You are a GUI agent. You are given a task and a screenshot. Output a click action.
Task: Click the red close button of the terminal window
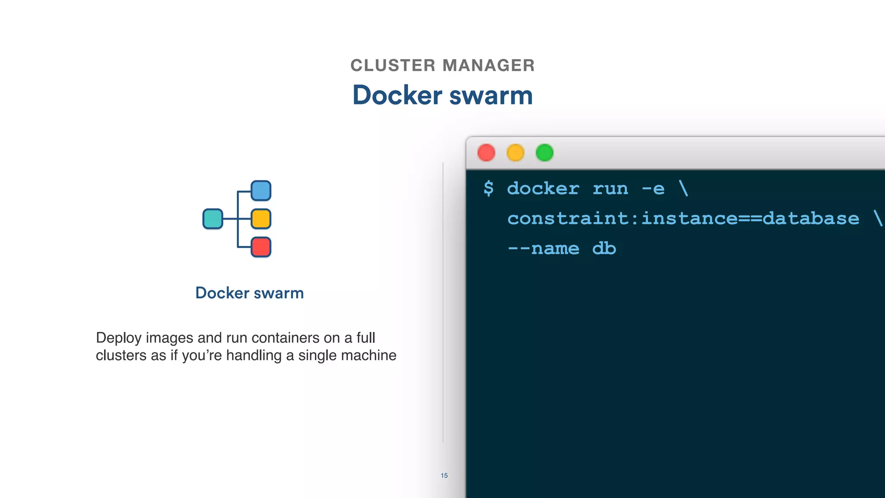pyautogui.click(x=486, y=153)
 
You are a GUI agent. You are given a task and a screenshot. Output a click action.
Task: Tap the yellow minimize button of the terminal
pyautogui.click(x=515, y=153)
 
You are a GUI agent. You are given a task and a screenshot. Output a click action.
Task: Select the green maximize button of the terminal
pyautogui.click(x=544, y=153)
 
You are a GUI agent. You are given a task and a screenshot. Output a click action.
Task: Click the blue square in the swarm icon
pyautogui.click(x=261, y=191)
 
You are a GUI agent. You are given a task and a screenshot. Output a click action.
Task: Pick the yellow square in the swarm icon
pyautogui.click(x=261, y=219)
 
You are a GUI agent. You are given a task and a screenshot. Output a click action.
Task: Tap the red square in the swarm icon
pyautogui.click(x=261, y=247)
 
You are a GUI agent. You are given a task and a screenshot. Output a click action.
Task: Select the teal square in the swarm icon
pyautogui.click(x=213, y=219)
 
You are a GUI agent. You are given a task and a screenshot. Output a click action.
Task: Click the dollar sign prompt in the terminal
pyautogui.click(x=488, y=188)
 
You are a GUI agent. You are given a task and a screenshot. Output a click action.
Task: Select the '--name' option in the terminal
pyautogui.click(x=543, y=249)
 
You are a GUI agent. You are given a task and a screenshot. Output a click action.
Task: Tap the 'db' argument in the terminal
pyautogui.click(x=604, y=249)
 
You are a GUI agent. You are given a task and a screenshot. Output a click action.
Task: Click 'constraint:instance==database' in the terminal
pyautogui.click(x=683, y=218)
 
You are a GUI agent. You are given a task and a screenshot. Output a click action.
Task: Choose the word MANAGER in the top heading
pyautogui.click(x=488, y=66)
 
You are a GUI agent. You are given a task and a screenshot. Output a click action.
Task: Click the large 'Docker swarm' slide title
pyautogui.click(x=442, y=95)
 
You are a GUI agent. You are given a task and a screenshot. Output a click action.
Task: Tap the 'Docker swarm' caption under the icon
pyautogui.click(x=249, y=293)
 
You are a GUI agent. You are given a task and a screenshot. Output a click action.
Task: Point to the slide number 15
pyautogui.click(x=444, y=476)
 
